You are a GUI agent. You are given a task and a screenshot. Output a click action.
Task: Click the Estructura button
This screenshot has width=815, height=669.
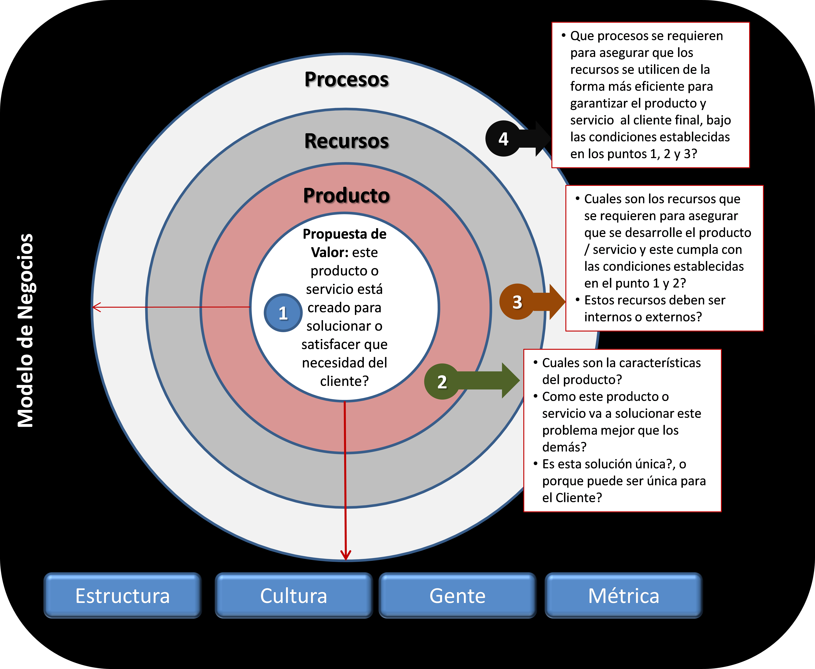click(123, 595)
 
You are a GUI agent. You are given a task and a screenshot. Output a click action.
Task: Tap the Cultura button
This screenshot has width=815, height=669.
click(294, 595)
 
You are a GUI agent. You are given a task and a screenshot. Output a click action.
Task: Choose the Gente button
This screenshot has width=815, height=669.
click(457, 595)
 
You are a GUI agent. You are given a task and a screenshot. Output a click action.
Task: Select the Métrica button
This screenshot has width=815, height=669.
click(623, 595)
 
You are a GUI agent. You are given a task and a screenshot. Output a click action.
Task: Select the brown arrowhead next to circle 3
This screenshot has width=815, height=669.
click(557, 302)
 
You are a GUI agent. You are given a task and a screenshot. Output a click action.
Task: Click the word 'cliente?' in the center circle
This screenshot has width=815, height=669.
click(344, 381)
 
